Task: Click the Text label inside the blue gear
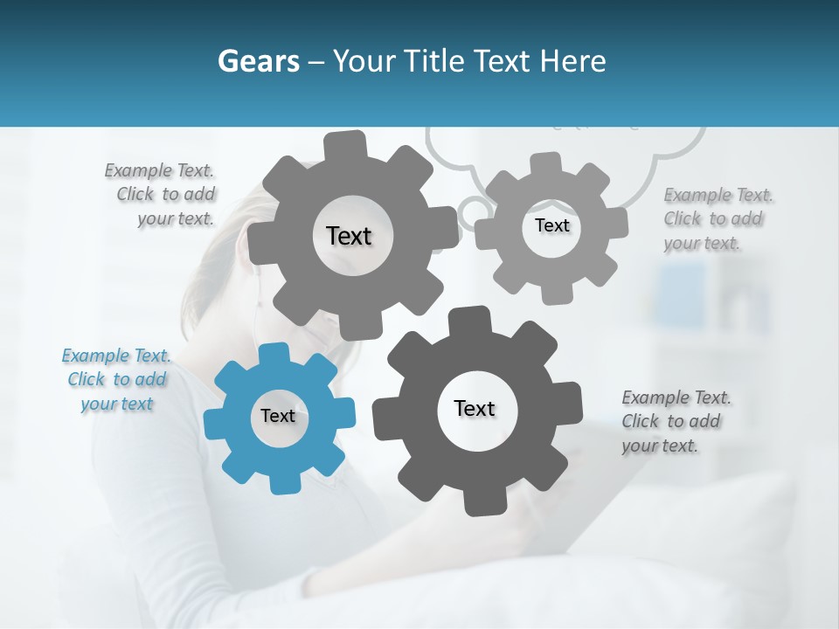(x=278, y=416)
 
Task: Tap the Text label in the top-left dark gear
(x=349, y=236)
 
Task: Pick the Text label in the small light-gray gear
(x=551, y=225)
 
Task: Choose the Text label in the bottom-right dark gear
(x=475, y=408)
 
